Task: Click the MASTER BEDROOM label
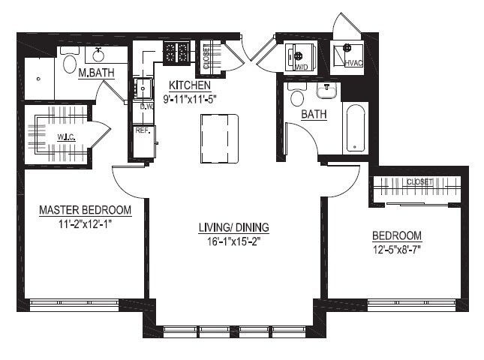pos(86,210)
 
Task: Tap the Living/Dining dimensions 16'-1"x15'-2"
pos(233,241)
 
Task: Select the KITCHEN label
pos(190,85)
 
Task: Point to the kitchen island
pos(219,139)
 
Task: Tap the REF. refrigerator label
pos(143,130)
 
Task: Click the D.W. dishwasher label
pos(146,107)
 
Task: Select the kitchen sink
pos(143,88)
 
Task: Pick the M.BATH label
pos(96,73)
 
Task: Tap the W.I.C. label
pos(66,137)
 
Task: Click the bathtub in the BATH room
pos(357,128)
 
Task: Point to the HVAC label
pos(353,63)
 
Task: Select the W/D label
pos(302,67)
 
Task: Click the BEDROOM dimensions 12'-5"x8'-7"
pos(397,249)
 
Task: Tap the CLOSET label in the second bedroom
pos(419,182)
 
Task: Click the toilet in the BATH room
pos(297,94)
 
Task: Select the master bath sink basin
pos(99,55)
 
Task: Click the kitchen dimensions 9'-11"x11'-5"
pos(190,99)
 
